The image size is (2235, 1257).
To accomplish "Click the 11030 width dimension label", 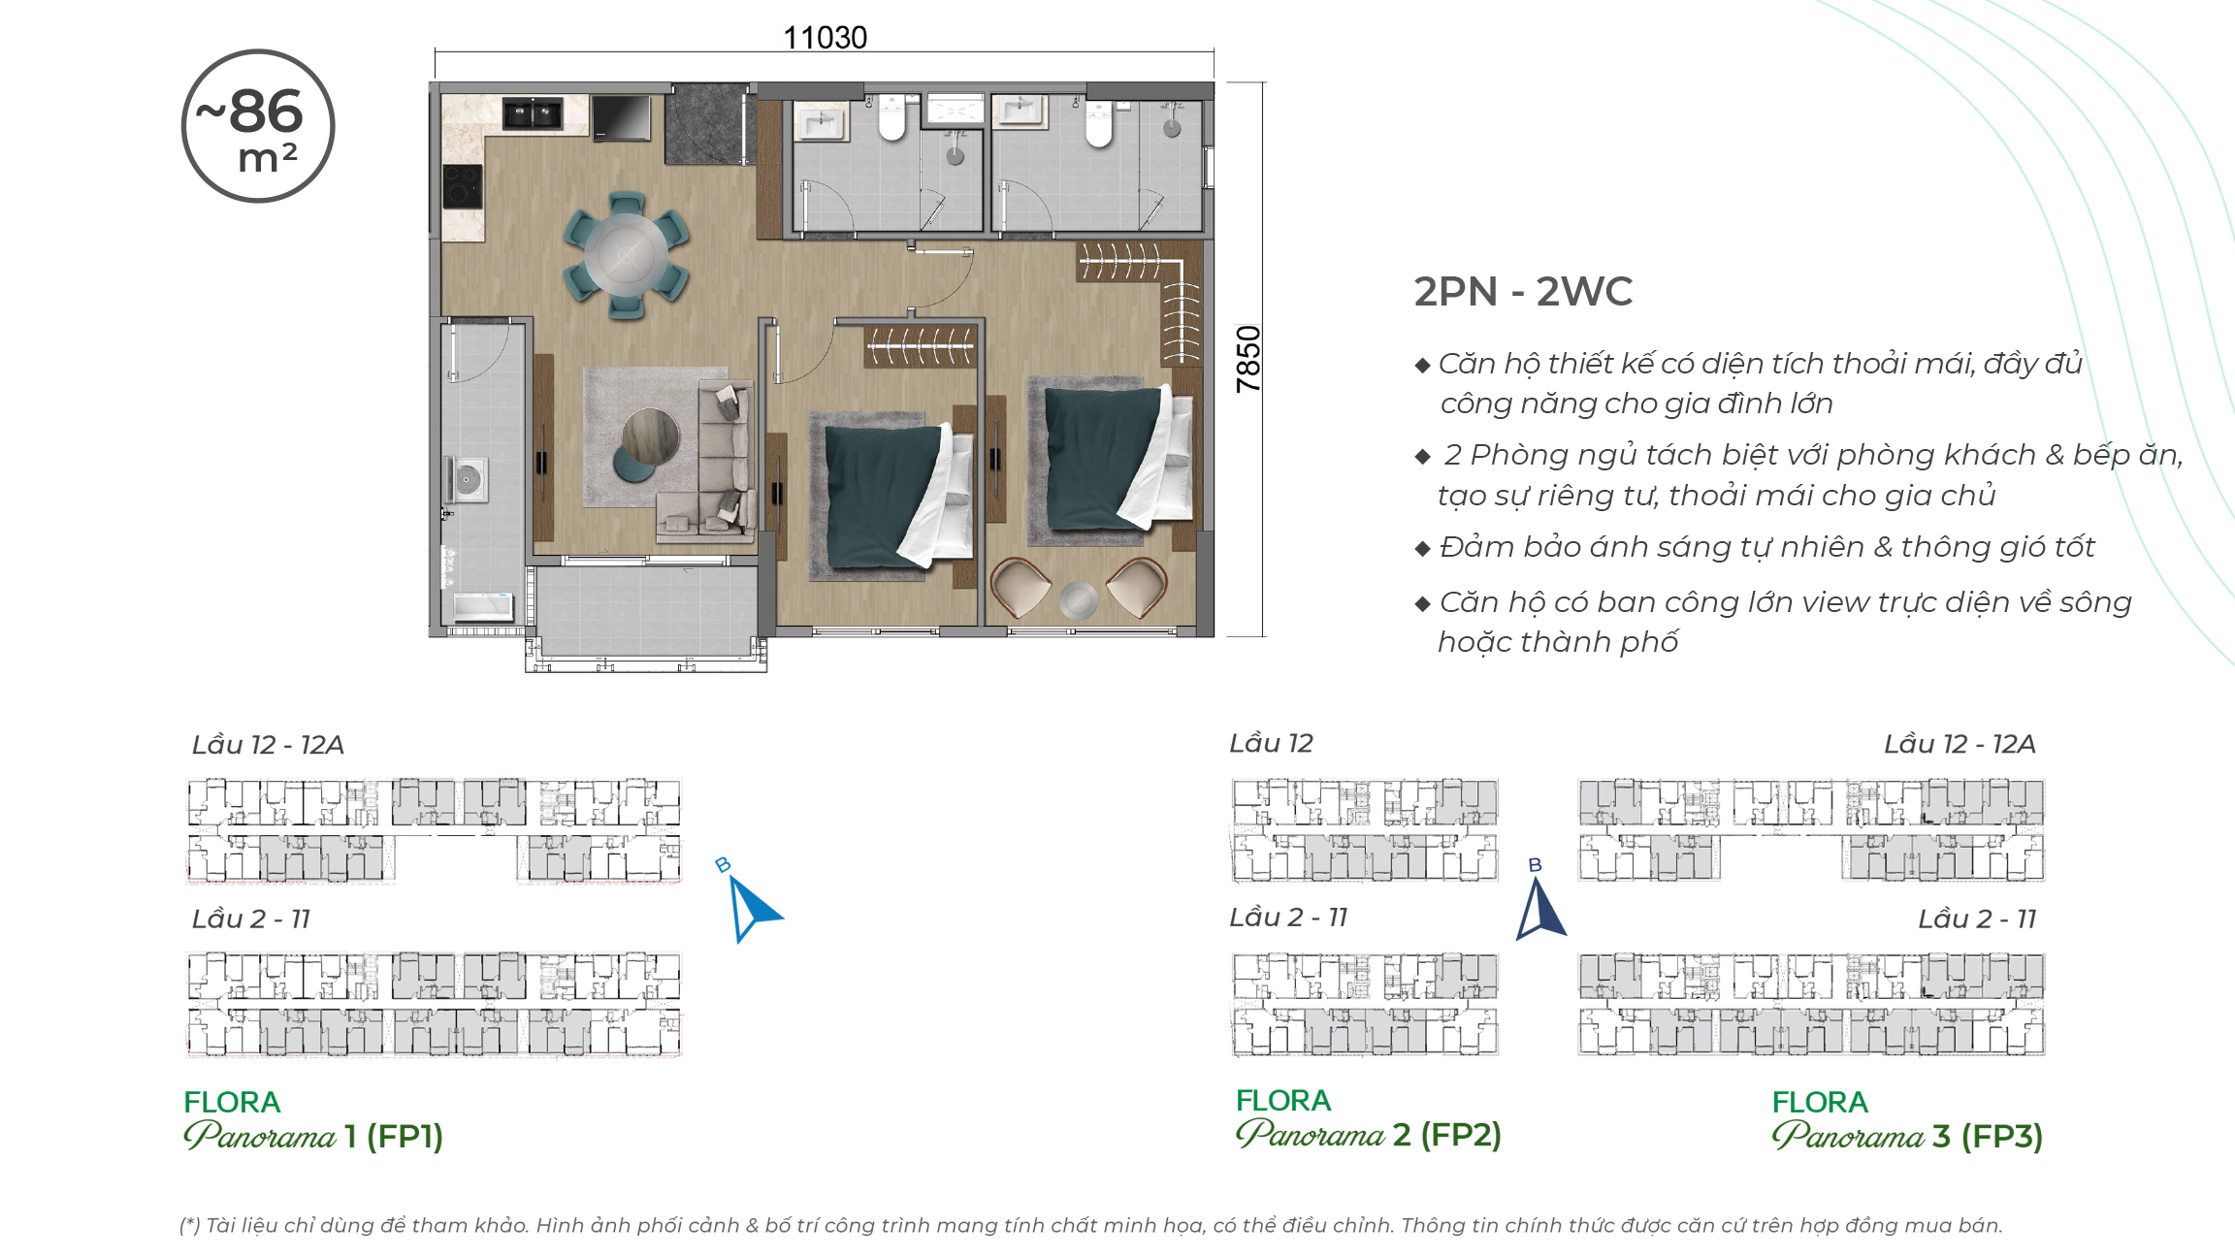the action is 825,37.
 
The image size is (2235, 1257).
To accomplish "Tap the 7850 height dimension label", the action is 1247,359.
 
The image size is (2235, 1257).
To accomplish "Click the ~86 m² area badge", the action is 258,126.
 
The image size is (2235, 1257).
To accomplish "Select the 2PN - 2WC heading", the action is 1523,291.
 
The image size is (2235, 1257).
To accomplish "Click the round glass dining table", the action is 626,255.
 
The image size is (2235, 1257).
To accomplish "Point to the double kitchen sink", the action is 533,113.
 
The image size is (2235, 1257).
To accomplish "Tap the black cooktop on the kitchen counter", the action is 463,186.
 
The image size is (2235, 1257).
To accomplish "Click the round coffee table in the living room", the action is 650,435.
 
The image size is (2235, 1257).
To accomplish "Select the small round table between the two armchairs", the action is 1078,600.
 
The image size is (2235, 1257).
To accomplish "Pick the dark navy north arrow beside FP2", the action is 1540,908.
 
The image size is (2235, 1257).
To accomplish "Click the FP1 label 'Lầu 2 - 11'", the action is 251,919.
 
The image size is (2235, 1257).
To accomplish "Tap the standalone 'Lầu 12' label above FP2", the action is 1271,743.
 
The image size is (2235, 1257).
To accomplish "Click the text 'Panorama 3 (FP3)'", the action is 1907,1136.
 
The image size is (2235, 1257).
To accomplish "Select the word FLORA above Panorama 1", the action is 232,1102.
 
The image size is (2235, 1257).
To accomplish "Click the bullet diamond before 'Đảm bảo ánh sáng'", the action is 1423,549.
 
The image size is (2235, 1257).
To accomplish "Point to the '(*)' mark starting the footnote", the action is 190,1225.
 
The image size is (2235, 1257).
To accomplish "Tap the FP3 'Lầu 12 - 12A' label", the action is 1960,744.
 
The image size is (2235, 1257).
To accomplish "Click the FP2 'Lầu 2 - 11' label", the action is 1288,917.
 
